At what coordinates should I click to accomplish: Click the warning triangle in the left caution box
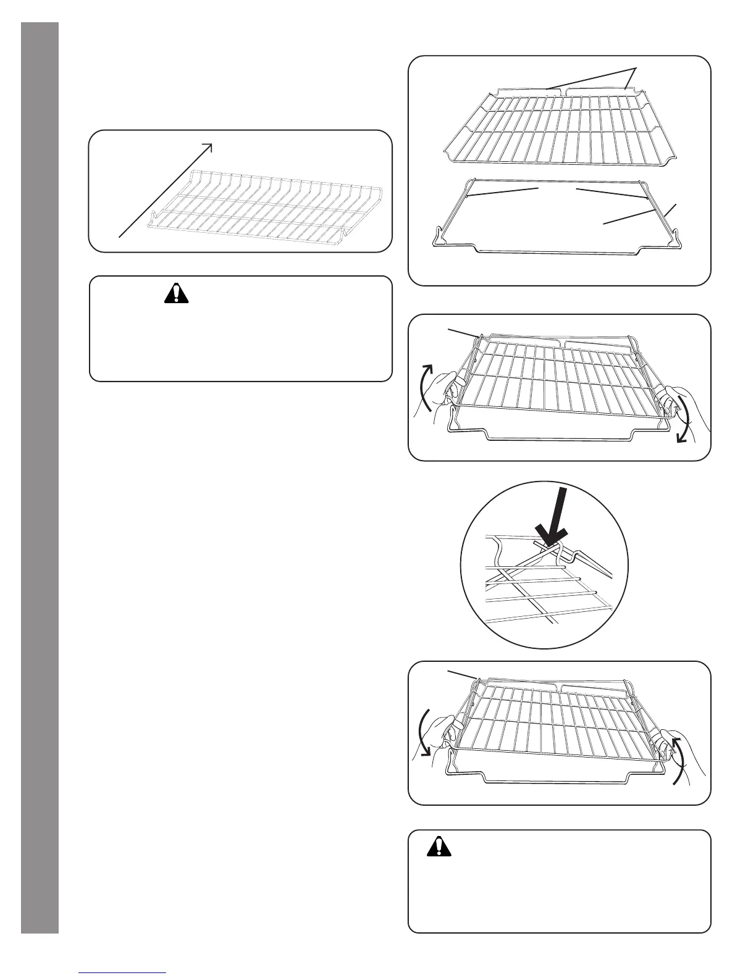(176, 292)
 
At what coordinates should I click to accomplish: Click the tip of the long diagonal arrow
(211, 145)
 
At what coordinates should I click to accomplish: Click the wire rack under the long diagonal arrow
(266, 201)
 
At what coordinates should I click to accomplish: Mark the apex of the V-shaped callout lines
(636, 65)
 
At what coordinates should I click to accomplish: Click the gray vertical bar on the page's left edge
(40, 475)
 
